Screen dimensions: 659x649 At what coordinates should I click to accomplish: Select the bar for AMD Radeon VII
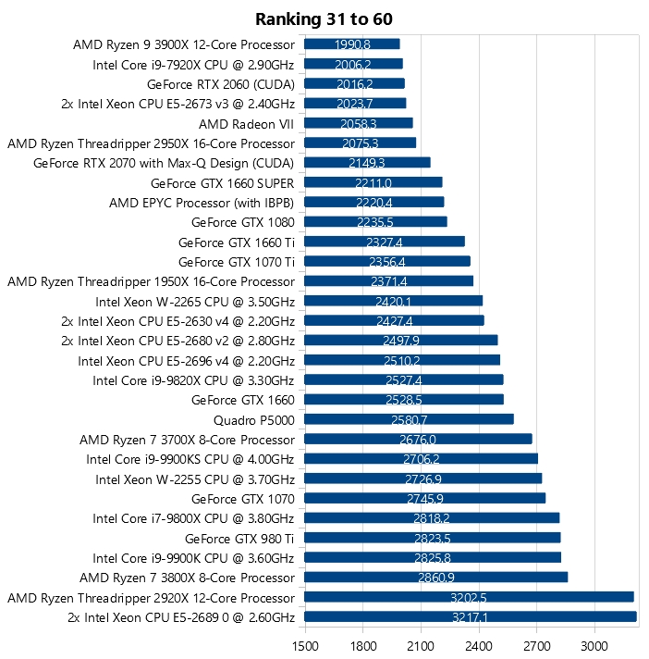pos(358,123)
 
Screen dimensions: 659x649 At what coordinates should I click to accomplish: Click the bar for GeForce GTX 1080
pos(375,221)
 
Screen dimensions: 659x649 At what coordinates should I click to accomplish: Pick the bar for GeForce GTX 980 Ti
pos(432,538)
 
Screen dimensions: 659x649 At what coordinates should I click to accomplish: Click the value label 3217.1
pos(470,617)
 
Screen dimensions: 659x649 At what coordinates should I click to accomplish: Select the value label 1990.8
pos(352,44)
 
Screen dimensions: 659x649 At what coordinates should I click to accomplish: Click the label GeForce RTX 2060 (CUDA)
pos(221,83)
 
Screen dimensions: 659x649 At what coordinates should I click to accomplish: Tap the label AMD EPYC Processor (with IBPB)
pos(202,202)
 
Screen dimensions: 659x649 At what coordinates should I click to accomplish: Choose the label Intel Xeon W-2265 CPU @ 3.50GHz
pos(195,301)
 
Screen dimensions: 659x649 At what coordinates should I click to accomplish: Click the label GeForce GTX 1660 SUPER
pos(222,182)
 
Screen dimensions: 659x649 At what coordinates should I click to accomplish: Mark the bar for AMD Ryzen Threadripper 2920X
pos(469,597)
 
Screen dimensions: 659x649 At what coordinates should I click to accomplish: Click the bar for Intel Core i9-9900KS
pos(421,459)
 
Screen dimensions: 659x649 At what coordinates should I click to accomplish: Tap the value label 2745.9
pos(424,499)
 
